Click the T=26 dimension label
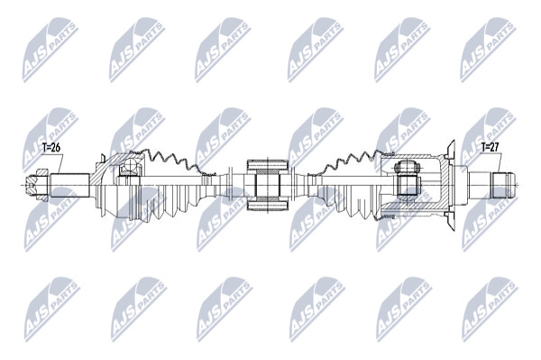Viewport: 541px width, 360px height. pos(51,148)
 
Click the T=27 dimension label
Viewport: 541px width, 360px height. pos(490,147)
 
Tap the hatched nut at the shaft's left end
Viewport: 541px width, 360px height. pos(38,185)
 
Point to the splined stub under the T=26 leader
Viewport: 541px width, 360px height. pos(70,185)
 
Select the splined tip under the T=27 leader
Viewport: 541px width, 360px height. pos(504,185)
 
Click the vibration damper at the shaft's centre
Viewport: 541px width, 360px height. pos(268,185)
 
